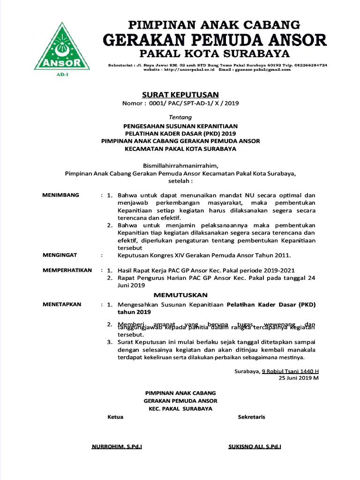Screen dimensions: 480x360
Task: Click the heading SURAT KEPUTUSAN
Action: point(180,95)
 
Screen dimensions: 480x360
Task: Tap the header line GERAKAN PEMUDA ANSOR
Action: point(215,39)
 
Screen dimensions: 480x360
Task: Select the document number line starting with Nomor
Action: point(180,104)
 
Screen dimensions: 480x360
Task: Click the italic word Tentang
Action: point(180,117)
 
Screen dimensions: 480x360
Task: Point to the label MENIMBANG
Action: point(61,195)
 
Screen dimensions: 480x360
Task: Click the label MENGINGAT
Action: point(60,255)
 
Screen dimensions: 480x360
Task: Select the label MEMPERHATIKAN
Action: point(68,270)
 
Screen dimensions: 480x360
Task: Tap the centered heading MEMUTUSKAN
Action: point(180,295)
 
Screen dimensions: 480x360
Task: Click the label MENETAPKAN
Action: point(62,304)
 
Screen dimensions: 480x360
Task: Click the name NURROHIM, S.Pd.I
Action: point(117,447)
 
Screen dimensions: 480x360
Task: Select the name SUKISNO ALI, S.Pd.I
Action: point(255,447)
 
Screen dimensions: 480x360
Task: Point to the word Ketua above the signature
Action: point(115,417)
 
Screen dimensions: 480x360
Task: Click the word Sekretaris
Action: point(251,417)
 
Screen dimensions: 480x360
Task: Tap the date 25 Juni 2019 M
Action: point(299,378)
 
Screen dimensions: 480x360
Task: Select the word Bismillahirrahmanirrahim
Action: point(180,165)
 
